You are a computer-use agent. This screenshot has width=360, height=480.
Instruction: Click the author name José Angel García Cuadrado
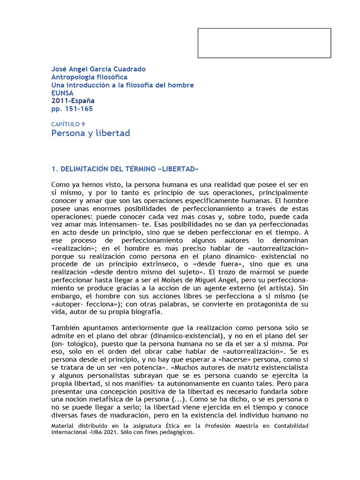(x=98, y=69)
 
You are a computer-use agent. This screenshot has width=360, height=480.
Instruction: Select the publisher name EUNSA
(x=62, y=93)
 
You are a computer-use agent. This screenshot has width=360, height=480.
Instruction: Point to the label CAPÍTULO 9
(x=68, y=124)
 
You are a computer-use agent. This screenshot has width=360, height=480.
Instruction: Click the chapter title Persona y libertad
(x=90, y=133)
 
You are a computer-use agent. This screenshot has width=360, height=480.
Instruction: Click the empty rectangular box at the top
(x=264, y=43)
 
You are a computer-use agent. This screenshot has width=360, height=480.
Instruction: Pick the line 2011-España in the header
(x=73, y=101)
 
